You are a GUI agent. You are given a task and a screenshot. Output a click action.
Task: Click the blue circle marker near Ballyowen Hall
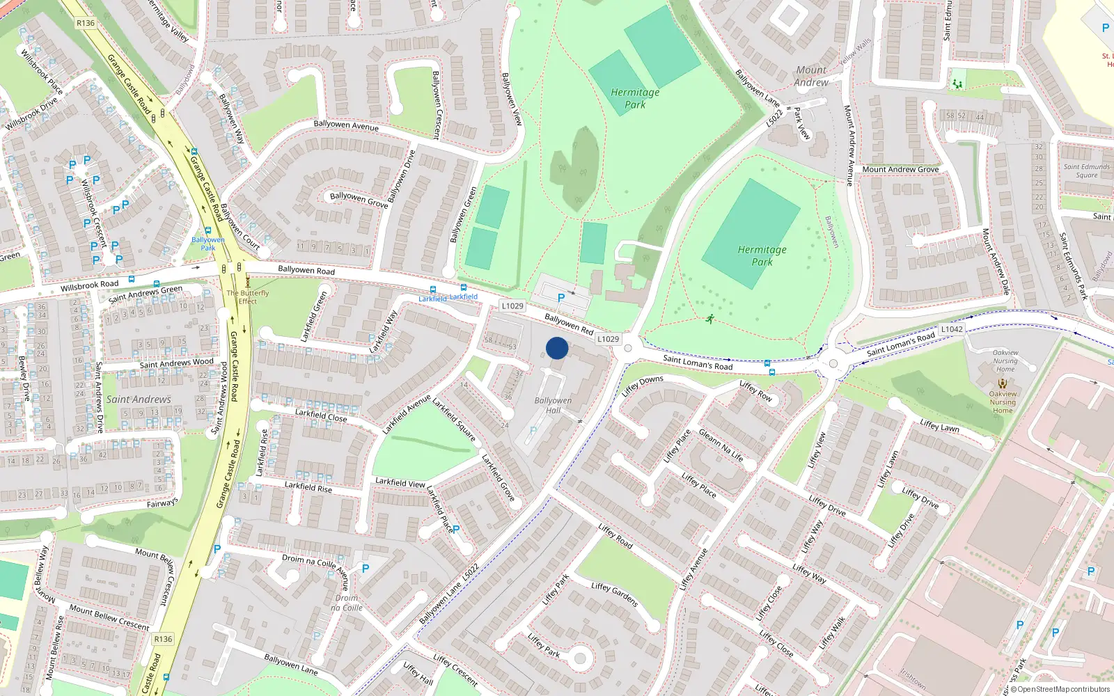tap(557, 348)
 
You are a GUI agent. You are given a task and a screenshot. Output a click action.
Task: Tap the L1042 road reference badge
tap(952, 329)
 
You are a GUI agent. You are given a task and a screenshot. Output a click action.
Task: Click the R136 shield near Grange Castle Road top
tap(86, 23)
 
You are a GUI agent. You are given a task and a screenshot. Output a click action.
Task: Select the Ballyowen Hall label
tap(553, 405)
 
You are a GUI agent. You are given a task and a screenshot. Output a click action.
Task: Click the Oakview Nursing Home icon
tap(1003, 383)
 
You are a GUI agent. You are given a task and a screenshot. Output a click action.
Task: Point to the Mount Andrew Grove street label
tap(900, 169)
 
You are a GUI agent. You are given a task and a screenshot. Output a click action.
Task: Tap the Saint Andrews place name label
tap(139, 400)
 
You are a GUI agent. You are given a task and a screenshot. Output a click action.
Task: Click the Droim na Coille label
tap(347, 603)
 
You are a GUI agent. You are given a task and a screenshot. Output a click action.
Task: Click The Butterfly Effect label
tap(247, 297)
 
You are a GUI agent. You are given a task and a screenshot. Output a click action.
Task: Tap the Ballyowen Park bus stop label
tap(207, 244)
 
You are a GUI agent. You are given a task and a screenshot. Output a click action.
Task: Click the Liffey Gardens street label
tap(615, 594)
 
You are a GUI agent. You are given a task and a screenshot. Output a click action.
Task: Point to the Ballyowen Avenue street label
tap(346, 125)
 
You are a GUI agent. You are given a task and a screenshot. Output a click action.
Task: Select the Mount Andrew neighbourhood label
tap(812, 76)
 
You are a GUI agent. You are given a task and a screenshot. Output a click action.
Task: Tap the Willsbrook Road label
tap(89, 285)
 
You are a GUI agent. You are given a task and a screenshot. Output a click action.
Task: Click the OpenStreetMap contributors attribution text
tap(1060, 689)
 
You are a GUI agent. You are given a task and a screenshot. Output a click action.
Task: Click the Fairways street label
tap(162, 503)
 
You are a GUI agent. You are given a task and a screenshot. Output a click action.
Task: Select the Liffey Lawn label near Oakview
tap(939, 426)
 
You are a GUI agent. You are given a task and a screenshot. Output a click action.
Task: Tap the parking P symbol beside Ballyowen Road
tap(561, 298)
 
